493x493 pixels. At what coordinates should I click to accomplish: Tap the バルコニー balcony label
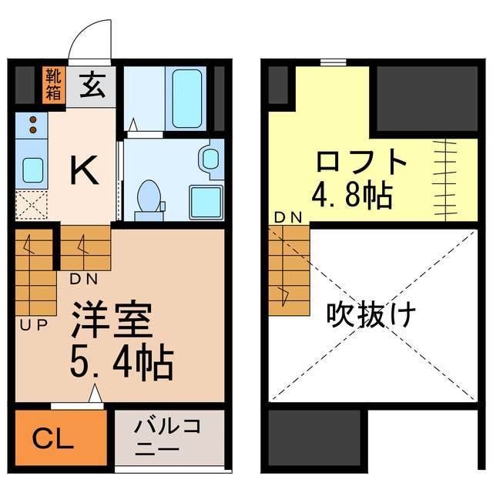[168, 438]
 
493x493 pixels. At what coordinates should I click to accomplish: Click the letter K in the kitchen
[84, 170]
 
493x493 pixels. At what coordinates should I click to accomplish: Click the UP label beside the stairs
[33, 324]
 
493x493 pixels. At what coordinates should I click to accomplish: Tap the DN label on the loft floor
[288, 218]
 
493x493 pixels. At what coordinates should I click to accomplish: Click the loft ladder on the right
[444, 168]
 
